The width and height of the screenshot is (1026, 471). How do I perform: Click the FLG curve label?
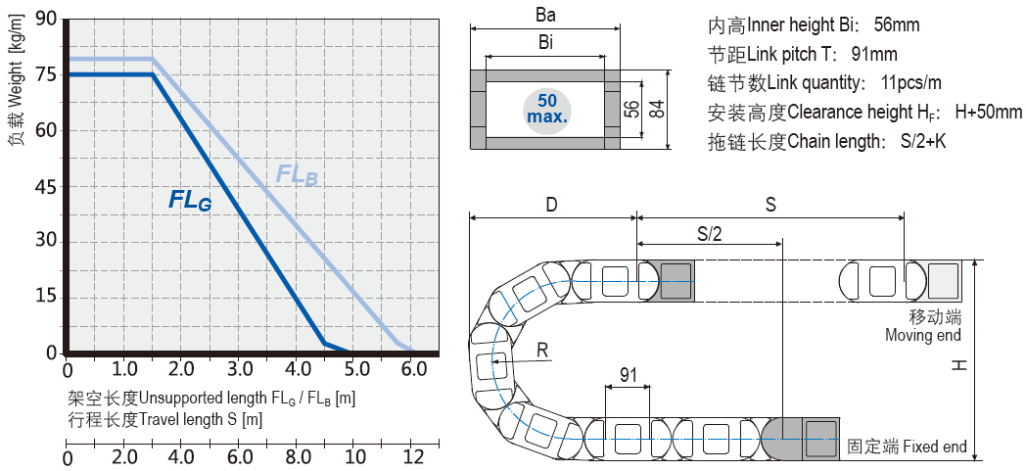tap(190, 201)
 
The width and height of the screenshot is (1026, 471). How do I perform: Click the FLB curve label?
tap(297, 175)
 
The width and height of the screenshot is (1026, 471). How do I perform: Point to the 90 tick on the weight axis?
tap(46, 19)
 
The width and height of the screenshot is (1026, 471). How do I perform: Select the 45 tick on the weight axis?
tap(46, 186)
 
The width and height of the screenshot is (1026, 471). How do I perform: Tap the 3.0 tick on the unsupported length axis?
tap(240, 370)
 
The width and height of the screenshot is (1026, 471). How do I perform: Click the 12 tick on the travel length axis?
tap(414, 457)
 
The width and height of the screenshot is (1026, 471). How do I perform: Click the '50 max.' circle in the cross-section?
tap(547, 109)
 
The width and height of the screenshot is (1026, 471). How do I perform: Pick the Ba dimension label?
tap(547, 16)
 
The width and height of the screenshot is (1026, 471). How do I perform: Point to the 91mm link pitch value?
tap(875, 54)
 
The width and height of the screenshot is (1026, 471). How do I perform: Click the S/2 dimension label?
tap(710, 233)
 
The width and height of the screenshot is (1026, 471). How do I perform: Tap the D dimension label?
tap(552, 205)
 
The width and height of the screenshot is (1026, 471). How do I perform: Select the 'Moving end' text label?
tap(922, 336)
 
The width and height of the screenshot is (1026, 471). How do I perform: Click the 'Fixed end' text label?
tap(934, 447)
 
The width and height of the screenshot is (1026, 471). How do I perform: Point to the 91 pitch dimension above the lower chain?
tap(628, 374)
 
